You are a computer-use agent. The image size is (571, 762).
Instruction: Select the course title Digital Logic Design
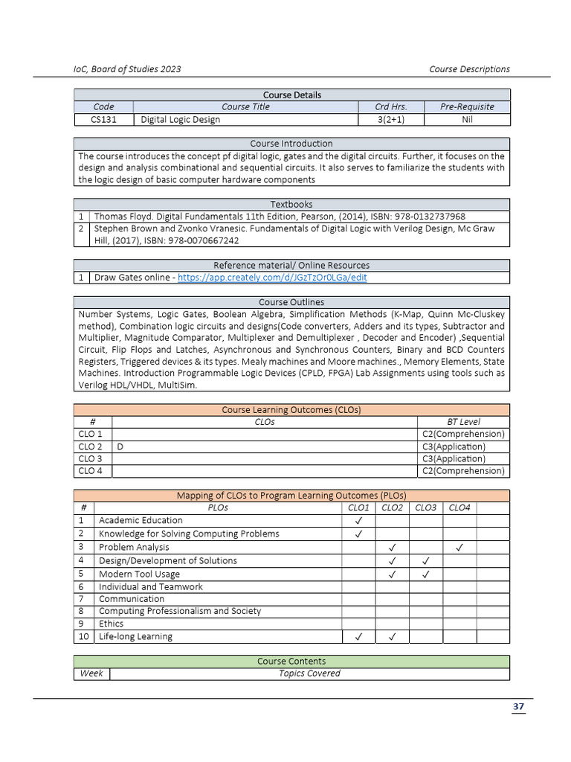181,120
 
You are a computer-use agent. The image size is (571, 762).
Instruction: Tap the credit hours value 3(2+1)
390,120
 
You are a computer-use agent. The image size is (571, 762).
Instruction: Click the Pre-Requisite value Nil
467,120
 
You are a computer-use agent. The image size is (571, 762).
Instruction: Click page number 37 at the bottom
518,706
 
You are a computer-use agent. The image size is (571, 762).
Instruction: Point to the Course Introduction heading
291,144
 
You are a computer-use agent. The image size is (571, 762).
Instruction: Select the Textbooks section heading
291,204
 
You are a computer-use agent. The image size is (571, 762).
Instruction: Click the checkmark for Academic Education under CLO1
358,521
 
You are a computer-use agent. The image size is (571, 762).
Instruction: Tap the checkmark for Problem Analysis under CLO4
459,548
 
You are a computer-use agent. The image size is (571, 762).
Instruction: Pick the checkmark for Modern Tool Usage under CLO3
426,574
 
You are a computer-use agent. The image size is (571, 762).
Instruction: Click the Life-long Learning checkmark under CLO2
392,637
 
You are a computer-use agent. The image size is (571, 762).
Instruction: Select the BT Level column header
463,422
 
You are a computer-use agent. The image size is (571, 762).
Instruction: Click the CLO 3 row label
90,459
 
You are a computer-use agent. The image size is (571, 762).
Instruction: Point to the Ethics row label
112,624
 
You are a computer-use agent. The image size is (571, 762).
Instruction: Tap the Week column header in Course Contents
91,673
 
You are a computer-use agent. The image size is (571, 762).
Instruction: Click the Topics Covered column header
309,673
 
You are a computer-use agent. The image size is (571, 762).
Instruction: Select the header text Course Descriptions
469,69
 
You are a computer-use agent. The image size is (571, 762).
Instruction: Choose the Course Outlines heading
291,302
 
